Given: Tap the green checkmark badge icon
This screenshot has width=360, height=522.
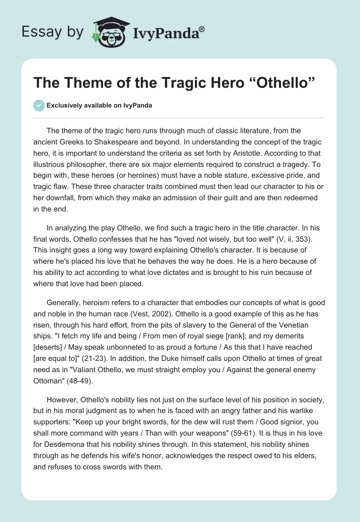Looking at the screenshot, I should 39,105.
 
